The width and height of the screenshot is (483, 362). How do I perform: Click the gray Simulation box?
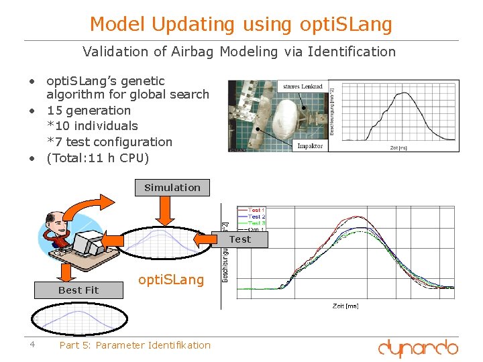point(172,188)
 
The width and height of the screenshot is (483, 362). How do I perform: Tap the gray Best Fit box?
point(78,290)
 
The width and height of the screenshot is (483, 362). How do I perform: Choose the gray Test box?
point(240,239)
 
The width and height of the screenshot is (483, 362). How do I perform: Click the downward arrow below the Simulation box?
point(164,213)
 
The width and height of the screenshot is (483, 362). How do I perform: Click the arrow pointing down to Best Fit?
point(66,271)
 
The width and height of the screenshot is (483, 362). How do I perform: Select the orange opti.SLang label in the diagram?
point(170,280)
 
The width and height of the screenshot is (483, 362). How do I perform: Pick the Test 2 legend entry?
point(257,217)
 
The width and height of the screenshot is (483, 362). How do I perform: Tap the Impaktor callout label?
point(310,145)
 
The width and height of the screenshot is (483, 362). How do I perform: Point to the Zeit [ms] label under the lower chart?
point(345,306)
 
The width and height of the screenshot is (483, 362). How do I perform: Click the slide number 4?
point(32,345)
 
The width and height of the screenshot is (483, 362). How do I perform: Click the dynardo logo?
point(417,348)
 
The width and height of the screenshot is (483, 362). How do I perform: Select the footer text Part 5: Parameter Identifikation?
point(135,345)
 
